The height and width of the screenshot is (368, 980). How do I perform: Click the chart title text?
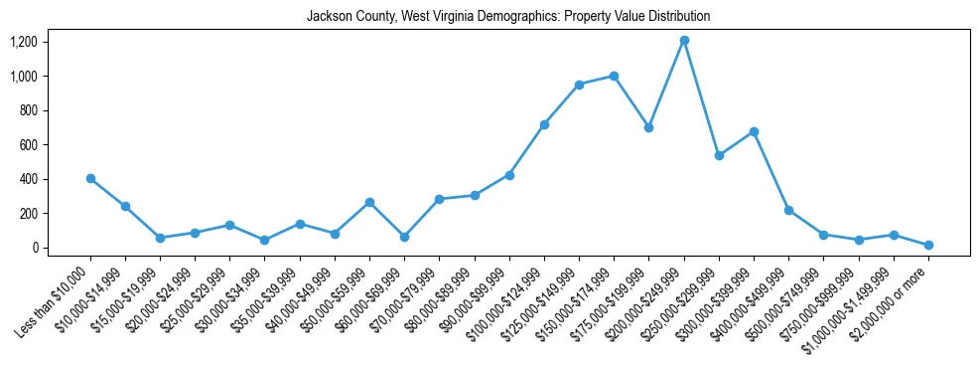508,17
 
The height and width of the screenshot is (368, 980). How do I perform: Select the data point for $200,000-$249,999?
684,40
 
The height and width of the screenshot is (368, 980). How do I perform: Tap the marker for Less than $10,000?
90,178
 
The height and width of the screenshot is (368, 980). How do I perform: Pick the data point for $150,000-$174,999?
615,76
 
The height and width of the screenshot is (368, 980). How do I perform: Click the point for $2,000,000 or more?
928,245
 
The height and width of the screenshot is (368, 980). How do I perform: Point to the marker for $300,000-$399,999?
754,131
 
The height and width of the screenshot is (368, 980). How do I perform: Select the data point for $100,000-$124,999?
544,124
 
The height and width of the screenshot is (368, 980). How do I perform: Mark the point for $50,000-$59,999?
369,202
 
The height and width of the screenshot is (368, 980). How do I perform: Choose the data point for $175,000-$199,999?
649,127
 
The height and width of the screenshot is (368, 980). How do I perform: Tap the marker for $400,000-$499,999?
788,210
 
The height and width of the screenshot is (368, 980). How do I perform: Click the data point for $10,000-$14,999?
125,206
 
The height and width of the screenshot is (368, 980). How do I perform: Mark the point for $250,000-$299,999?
719,155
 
